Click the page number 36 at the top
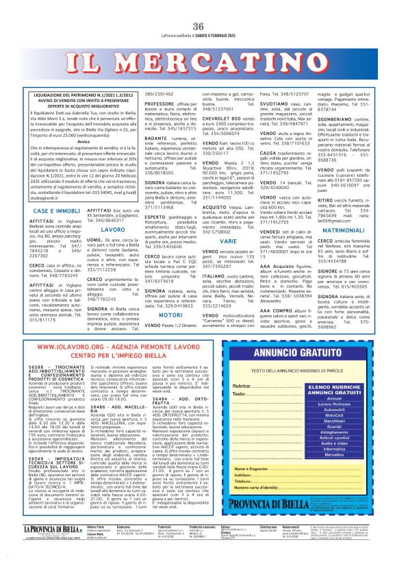coord(198,26)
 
